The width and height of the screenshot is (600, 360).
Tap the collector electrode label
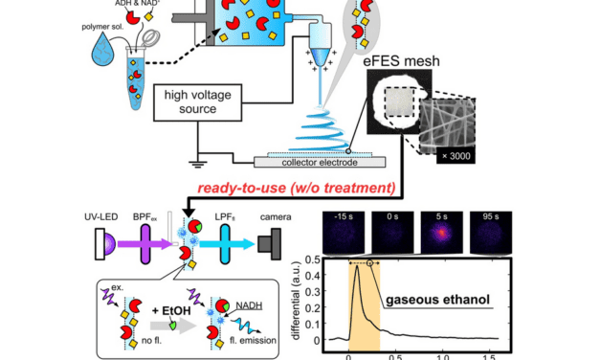[x=306, y=163]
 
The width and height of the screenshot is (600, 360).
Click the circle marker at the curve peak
[x=368, y=261]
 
